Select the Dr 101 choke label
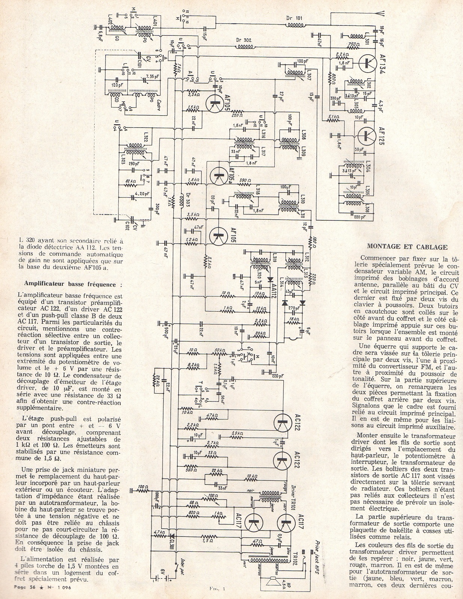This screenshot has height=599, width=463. pos(294,18)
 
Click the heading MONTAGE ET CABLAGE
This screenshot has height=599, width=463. pos(407,247)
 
